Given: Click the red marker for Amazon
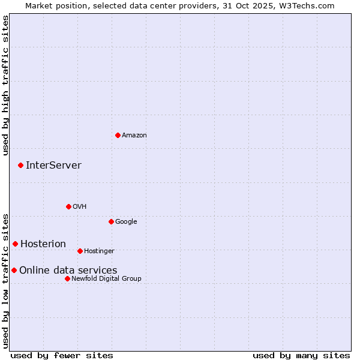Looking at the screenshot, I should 118,135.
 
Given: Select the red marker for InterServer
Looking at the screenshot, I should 20,165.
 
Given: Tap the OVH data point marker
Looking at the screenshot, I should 68,206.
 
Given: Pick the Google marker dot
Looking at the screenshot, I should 111,221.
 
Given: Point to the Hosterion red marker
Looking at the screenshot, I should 15,244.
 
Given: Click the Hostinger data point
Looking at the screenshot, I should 80,251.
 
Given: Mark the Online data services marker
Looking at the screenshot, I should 14,270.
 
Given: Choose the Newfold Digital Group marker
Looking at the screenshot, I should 67,278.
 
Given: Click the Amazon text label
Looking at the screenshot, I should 134,136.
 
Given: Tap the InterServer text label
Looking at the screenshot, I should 53,166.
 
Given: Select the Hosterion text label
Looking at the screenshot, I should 43,244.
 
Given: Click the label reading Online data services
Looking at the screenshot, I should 68,271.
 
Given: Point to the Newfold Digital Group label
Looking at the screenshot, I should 106,278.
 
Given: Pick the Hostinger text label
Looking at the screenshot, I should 99,251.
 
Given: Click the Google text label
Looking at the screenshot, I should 126,222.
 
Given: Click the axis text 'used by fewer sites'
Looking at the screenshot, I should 62,355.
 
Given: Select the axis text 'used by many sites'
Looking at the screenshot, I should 301,355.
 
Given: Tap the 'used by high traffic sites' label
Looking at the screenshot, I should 6,85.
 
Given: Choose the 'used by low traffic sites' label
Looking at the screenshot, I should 6,280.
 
